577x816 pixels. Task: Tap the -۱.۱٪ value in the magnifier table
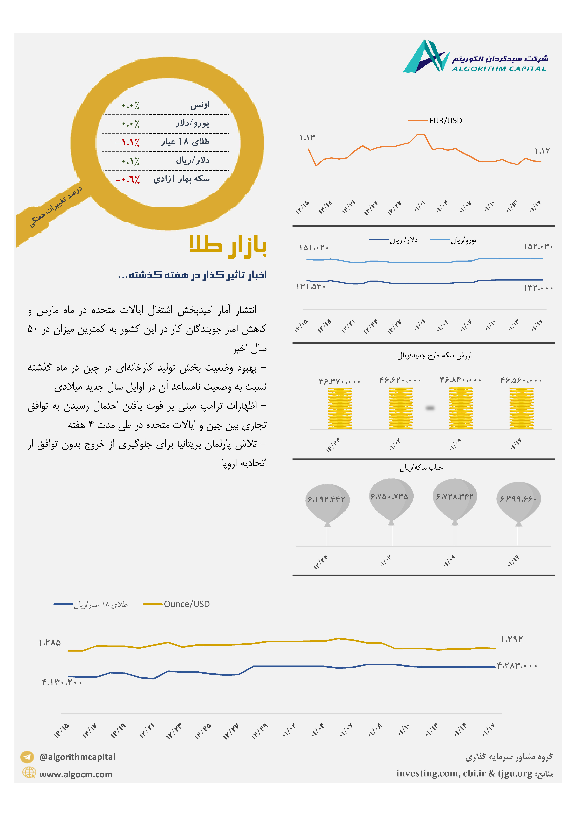[128, 142]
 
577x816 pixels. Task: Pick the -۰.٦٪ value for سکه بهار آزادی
[128, 179]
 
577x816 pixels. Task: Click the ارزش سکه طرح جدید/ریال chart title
[434, 355]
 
